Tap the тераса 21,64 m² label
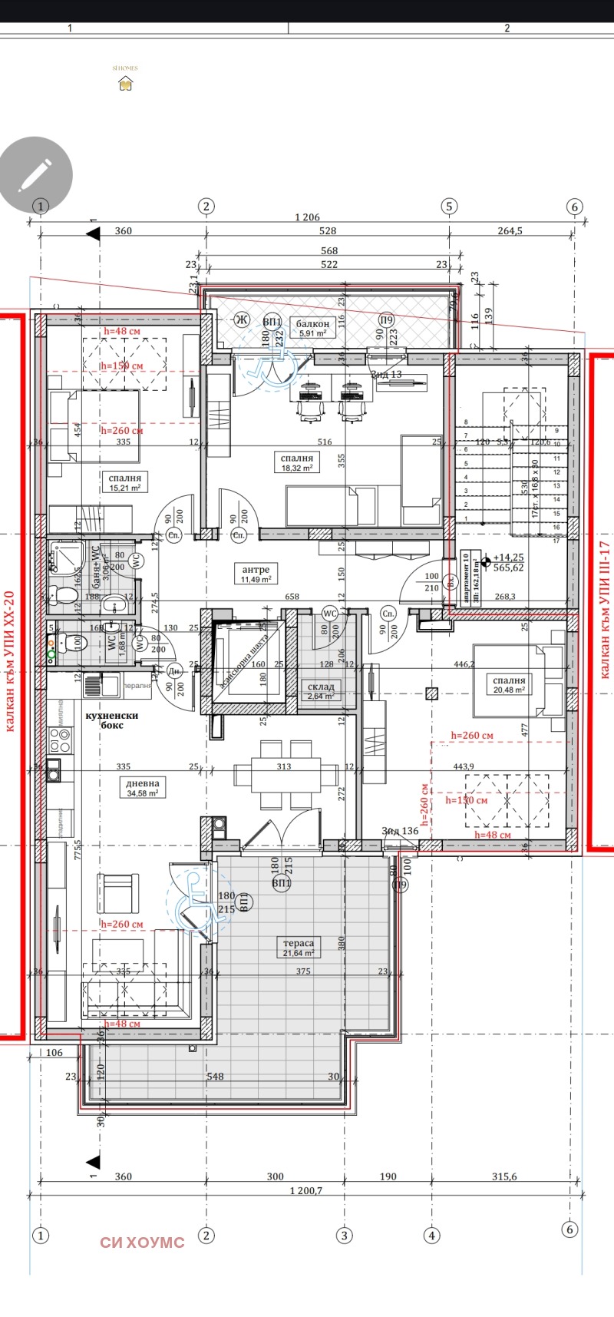(299, 947)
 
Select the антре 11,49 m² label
(256, 574)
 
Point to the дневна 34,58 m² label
(142, 787)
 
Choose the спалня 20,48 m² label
(509, 684)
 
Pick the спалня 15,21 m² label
(125, 481)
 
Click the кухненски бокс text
(112, 720)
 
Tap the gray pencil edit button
(35, 174)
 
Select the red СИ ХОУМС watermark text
(142, 1242)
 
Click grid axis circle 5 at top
(449, 206)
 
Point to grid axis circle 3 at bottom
(345, 1236)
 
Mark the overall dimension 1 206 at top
(307, 218)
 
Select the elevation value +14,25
(508, 558)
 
